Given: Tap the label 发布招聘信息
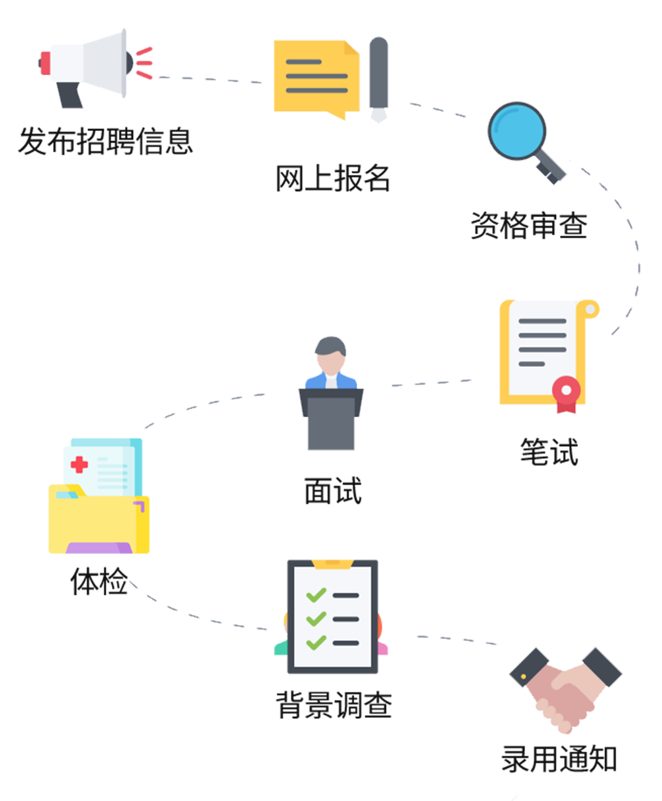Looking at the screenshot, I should (105, 141).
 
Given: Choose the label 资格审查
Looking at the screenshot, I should (528, 225).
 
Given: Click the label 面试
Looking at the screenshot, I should (332, 491).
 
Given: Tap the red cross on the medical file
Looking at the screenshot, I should (79, 464).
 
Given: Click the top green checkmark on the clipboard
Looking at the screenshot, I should (316, 594).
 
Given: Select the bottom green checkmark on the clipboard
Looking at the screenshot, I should (316, 641).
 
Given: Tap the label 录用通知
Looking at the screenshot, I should (559, 759).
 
